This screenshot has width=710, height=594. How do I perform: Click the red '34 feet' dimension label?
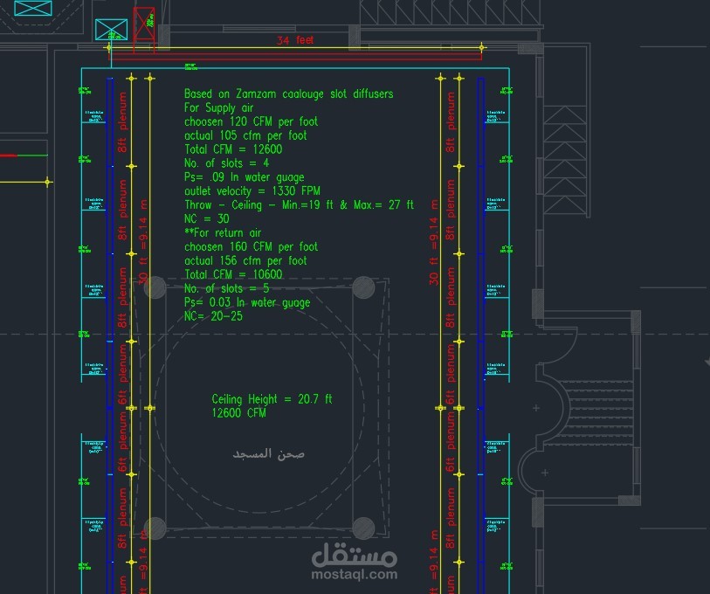click(x=295, y=40)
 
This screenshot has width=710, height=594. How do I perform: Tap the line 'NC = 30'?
click(x=206, y=219)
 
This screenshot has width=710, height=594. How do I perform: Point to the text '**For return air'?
click(x=223, y=233)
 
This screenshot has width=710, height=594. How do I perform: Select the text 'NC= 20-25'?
click(x=213, y=316)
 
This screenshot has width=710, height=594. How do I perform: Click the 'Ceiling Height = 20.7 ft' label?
click(x=272, y=399)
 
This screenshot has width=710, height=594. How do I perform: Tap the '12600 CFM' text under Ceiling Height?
click(x=238, y=413)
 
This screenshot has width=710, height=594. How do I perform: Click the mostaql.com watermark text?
click(x=355, y=574)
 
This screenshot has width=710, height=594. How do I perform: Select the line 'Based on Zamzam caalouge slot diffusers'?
click(x=288, y=93)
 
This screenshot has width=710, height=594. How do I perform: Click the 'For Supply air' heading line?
click(x=218, y=107)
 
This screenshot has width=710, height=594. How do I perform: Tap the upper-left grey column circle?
click(x=155, y=287)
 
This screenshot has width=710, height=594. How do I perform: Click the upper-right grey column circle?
click(x=363, y=287)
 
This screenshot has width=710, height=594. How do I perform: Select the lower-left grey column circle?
click(x=155, y=528)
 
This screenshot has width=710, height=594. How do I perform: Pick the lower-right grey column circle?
click(x=363, y=528)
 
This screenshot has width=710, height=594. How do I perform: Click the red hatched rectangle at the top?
click(x=143, y=24)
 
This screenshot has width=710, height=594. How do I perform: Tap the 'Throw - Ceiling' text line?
click(x=299, y=205)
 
